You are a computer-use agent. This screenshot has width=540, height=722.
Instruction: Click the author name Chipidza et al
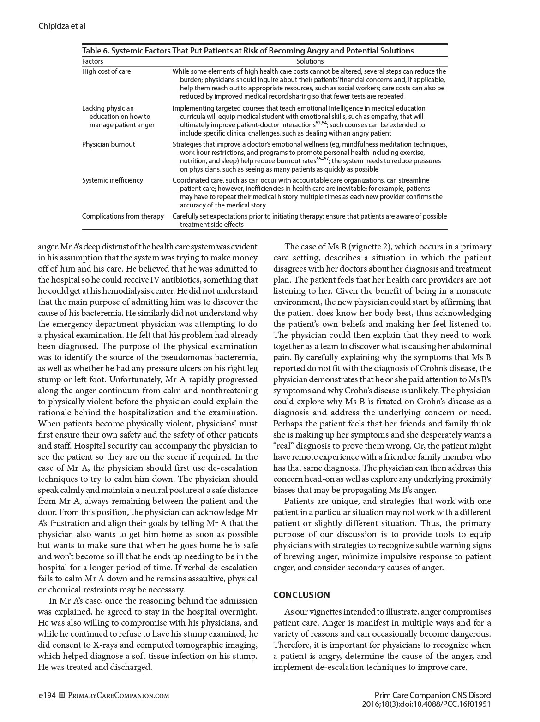(x=62, y=26)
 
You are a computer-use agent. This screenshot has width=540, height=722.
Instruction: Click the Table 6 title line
(x=248, y=51)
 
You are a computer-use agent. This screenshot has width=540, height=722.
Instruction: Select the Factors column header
(x=92, y=61)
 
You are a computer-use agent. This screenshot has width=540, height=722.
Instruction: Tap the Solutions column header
(x=310, y=61)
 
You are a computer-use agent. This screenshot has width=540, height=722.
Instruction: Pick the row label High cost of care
(x=106, y=71)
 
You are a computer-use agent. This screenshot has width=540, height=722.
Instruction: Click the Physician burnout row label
(x=108, y=144)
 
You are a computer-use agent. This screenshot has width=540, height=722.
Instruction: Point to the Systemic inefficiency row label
(x=112, y=180)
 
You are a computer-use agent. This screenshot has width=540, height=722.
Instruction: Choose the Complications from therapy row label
(x=123, y=216)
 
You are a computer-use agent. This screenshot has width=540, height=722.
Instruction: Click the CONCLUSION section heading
(x=301, y=595)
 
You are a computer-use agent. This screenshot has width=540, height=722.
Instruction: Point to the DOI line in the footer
(x=426, y=704)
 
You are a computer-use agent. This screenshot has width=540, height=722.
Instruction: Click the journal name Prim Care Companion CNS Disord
(x=432, y=695)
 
